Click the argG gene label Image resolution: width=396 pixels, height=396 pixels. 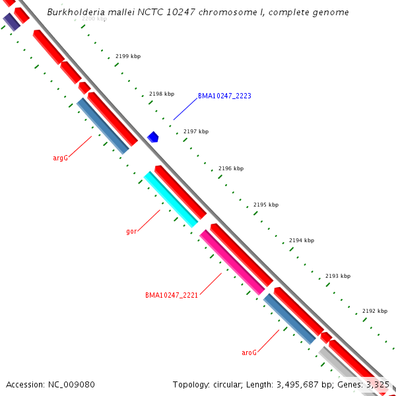(x=60, y=158)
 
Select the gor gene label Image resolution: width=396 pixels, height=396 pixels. (x=131, y=232)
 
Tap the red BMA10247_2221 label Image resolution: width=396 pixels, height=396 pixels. (x=172, y=295)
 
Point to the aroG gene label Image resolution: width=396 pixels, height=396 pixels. (x=249, y=352)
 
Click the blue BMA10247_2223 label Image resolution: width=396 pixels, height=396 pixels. (x=224, y=96)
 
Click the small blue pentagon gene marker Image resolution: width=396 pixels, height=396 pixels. (x=153, y=137)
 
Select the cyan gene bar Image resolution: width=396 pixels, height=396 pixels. (x=171, y=199)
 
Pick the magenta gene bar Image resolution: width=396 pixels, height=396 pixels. (x=232, y=262)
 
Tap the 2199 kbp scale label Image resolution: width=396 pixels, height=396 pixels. (x=128, y=56)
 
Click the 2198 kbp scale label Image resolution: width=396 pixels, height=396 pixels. (x=162, y=94)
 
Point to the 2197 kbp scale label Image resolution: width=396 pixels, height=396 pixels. (x=196, y=131)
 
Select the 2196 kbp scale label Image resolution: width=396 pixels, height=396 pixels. (x=231, y=168)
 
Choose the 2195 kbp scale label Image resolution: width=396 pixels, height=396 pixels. (x=266, y=205)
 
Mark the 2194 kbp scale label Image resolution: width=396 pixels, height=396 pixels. (x=302, y=240)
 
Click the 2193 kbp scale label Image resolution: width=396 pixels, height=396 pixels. (x=338, y=276)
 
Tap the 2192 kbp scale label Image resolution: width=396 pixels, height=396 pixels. (x=375, y=310)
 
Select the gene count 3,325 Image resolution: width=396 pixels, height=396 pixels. (x=377, y=384)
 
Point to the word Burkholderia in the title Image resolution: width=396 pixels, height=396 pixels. (x=75, y=13)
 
